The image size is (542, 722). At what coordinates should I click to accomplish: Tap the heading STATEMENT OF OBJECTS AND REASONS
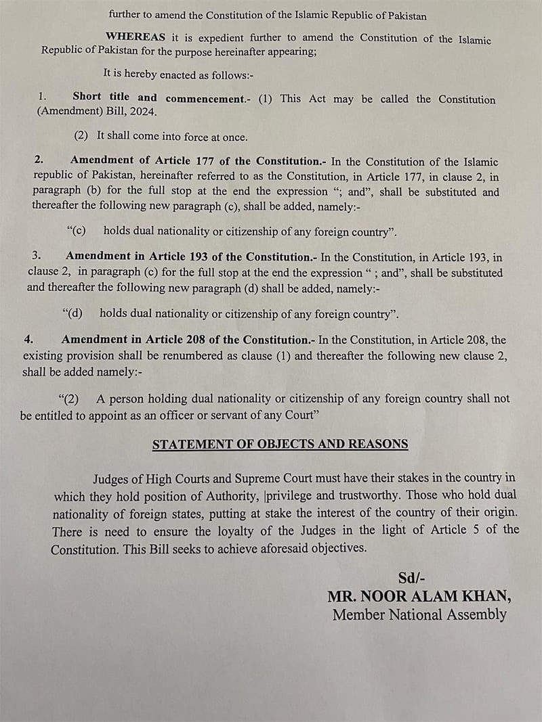pos(280,445)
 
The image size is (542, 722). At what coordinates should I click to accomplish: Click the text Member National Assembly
pos(419,615)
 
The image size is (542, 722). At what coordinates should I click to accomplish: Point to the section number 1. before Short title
pos(42,97)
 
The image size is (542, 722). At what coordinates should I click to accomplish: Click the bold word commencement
pos(203,99)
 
